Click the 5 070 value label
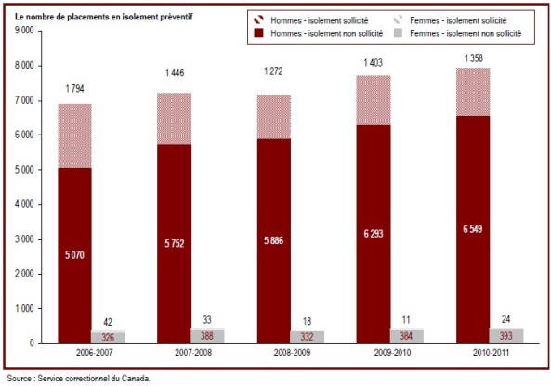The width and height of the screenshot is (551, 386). tap(74, 255)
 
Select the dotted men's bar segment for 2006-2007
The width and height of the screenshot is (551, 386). tap(75, 136)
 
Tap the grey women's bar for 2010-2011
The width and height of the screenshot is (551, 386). tap(506, 336)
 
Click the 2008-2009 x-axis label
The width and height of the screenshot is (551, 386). tap(293, 353)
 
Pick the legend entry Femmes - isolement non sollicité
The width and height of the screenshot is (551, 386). tap(457, 33)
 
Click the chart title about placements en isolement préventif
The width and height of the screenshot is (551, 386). tap(103, 17)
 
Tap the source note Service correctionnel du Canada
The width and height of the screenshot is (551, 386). tap(79, 379)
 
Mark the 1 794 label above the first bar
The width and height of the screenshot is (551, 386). tap(75, 89)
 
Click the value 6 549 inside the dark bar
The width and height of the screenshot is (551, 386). tap(473, 229)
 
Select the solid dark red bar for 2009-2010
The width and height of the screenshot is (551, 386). tap(374, 235)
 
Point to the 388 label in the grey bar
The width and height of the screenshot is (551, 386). tap(207, 336)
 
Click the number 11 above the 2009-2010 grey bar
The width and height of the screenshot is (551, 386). tap(406, 320)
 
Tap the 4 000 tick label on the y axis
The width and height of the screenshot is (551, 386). tap(24, 204)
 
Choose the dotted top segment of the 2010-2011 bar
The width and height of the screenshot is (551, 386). tap(473, 92)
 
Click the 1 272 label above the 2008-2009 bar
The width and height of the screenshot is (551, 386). tap(273, 71)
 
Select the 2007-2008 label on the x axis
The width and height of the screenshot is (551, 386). tap(193, 353)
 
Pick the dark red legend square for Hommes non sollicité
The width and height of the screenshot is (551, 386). tap(258, 33)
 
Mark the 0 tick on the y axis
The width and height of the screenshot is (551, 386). tap(32, 343)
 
